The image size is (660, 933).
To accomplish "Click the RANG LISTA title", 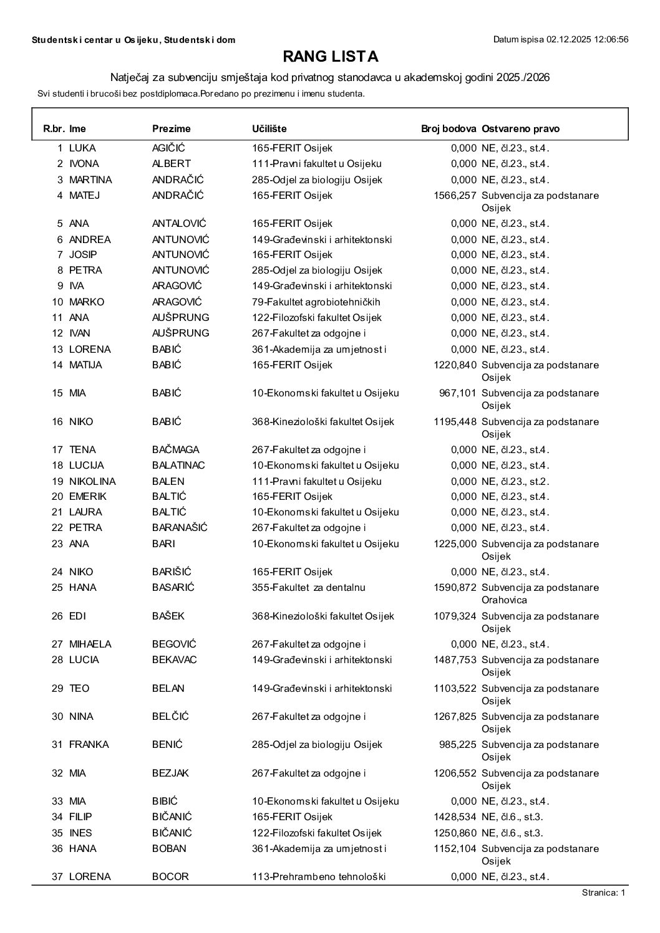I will tap(331, 57).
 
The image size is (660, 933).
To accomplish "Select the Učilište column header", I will tap(269, 129).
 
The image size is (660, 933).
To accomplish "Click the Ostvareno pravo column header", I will tap(520, 129).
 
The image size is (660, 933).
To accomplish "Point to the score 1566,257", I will tap(455, 196).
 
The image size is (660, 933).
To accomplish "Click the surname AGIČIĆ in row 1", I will tap(168, 148).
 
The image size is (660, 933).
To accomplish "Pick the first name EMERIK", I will tap(88, 497).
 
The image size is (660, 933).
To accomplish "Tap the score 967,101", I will tap(458, 393).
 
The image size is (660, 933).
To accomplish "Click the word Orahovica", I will tap(504, 600).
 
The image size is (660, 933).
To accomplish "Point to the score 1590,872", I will tap(455, 588).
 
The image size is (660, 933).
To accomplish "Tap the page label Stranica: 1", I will tap(603, 894).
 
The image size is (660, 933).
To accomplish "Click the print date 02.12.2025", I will tap(570, 39).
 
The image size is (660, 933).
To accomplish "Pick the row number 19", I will tap(57, 482).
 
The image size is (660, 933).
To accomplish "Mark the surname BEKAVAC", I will tap(175, 660).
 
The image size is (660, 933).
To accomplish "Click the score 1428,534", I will tap(455, 817).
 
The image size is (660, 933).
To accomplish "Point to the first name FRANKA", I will tap(89, 745).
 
